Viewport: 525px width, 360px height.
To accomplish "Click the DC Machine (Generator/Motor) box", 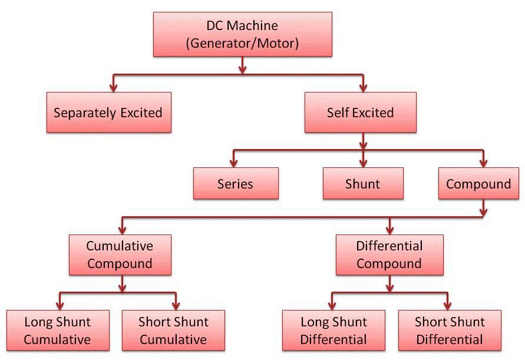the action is click(243, 34).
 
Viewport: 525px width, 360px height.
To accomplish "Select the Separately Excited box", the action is click(109, 113).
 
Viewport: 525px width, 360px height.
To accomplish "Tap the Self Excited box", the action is click(361, 113).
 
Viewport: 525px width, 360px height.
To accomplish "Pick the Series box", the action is click(236, 183).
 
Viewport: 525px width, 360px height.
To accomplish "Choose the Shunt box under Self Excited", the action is click(363, 183).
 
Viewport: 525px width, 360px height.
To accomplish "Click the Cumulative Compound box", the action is click(120, 255).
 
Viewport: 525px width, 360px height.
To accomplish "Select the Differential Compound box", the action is click(389, 255).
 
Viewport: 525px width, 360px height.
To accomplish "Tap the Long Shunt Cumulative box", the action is click(58, 331).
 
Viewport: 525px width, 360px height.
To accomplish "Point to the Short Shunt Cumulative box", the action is click(173, 331).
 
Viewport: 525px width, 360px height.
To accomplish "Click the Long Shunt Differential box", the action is click(334, 331).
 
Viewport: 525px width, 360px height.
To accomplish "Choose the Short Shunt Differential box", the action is click(450, 331).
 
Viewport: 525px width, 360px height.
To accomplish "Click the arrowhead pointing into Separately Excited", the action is click(114, 88).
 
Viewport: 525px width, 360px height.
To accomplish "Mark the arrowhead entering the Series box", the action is click(234, 163).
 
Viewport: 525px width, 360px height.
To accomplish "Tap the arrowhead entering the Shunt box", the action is click(364, 163).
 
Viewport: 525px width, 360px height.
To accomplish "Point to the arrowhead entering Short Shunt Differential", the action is click(448, 306).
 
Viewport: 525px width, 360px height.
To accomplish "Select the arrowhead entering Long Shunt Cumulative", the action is click(60, 306).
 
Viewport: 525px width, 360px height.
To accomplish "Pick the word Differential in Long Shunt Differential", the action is click(334, 339).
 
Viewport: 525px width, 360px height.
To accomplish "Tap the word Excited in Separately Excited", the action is click(141, 113).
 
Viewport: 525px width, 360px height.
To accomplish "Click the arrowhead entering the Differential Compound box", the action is click(389, 230).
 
